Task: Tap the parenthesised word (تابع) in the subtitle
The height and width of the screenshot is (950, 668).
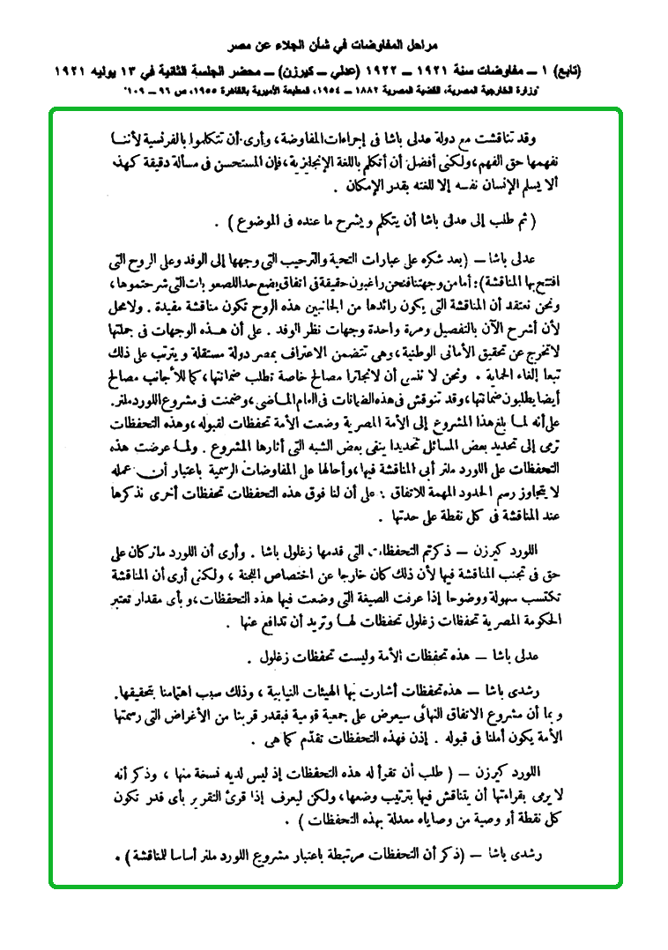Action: [x=601, y=68]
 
